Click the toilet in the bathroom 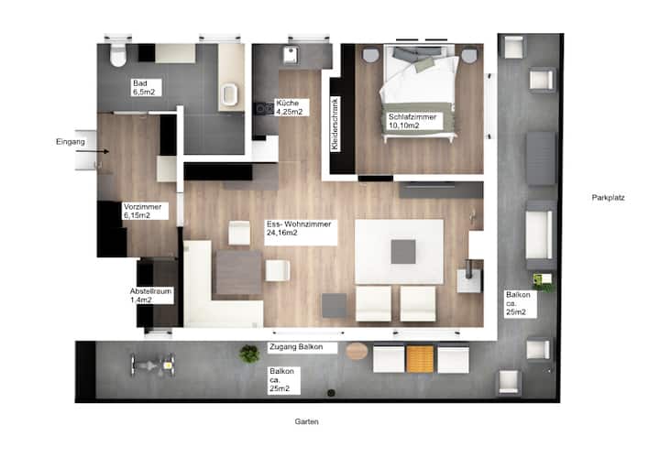point(118,55)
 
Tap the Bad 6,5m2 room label point(146,88)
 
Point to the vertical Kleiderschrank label point(335,124)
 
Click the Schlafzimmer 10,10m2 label point(413,121)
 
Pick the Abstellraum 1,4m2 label point(150,295)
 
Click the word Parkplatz point(608,197)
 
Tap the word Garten point(306,421)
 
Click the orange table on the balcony point(420,359)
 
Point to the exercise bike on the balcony point(152,365)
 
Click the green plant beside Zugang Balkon point(249,354)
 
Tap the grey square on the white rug point(403,252)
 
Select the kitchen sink point(291,55)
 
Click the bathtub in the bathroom point(230,94)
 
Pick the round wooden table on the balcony point(357,351)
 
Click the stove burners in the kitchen point(264,109)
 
